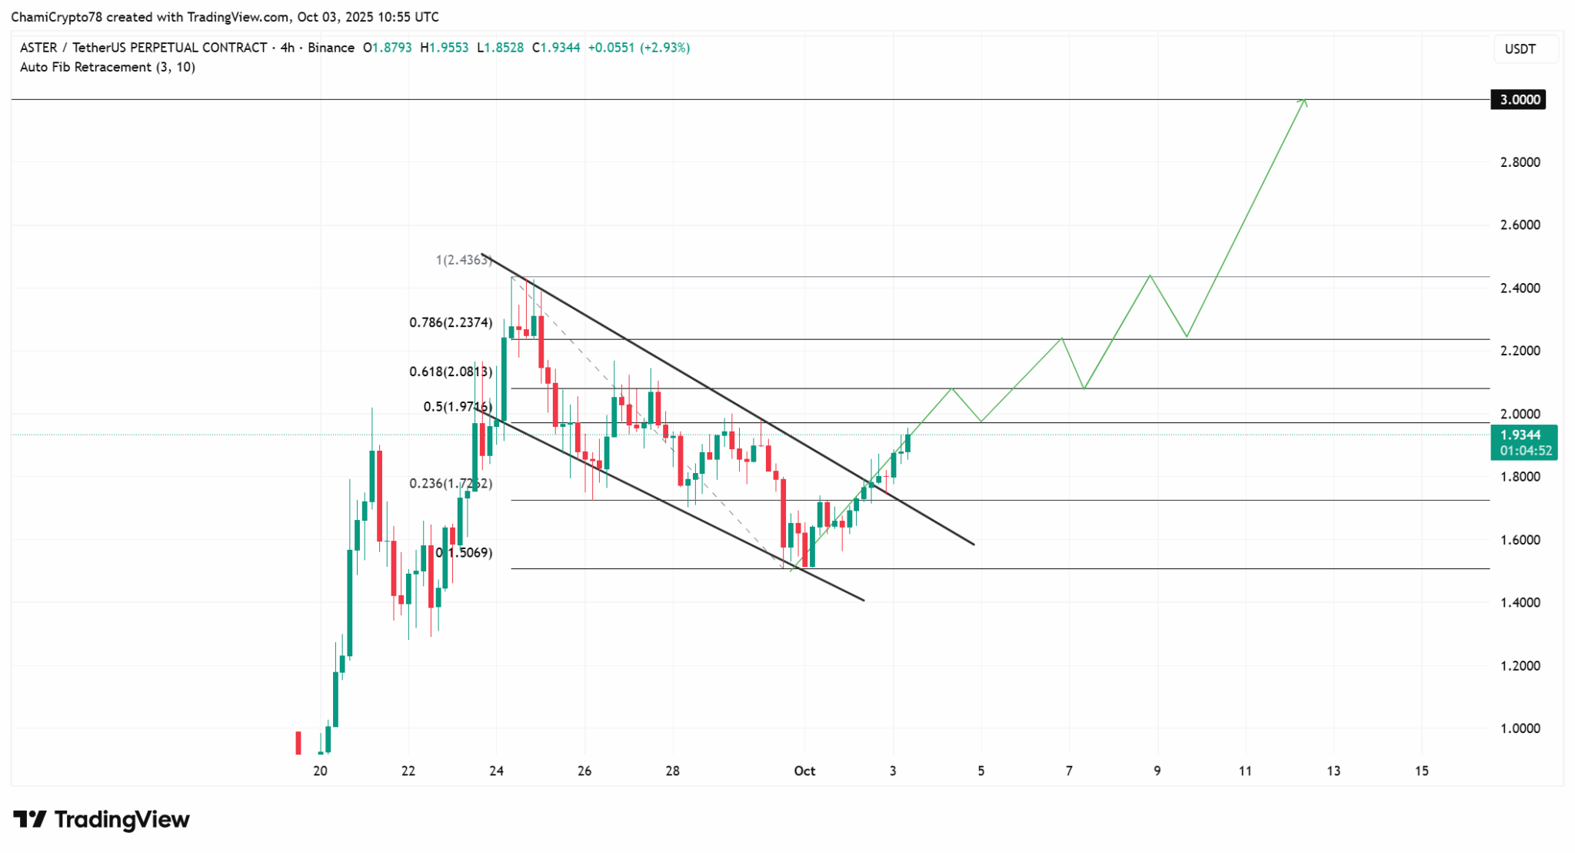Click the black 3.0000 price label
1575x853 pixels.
pyautogui.click(x=1517, y=100)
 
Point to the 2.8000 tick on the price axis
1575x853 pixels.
pyautogui.click(x=1520, y=162)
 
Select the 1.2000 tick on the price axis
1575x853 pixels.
pyautogui.click(x=1520, y=666)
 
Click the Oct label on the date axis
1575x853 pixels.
pyautogui.click(x=804, y=771)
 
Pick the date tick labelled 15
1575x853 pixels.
pyautogui.click(x=1422, y=771)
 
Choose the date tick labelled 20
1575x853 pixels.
pyautogui.click(x=320, y=771)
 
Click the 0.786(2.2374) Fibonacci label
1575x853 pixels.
pyautogui.click(x=451, y=323)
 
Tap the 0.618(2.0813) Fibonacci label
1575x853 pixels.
pyautogui.click(x=451, y=372)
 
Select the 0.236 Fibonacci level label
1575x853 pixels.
pyautogui.click(x=451, y=484)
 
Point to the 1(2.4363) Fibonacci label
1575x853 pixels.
pyautogui.click(x=464, y=260)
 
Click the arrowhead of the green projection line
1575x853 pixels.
pyautogui.click(x=1304, y=101)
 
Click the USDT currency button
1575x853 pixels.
pyautogui.click(x=1520, y=49)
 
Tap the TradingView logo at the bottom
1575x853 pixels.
pyautogui.click(x=102, y=820)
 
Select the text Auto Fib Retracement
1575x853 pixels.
pyautogui.click(x=85, y=68)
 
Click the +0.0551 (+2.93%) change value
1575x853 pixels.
pyautogui.click(x=638, y=48)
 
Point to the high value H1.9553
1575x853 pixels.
pyautogui.click(x=444, y=48)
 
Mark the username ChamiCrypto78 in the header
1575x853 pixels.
pyautogui.click(x=56, y=17)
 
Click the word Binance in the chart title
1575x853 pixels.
pyautogui.click(x=331, y=48)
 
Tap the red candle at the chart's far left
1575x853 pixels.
pyautogui.click(x=298, y=743)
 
